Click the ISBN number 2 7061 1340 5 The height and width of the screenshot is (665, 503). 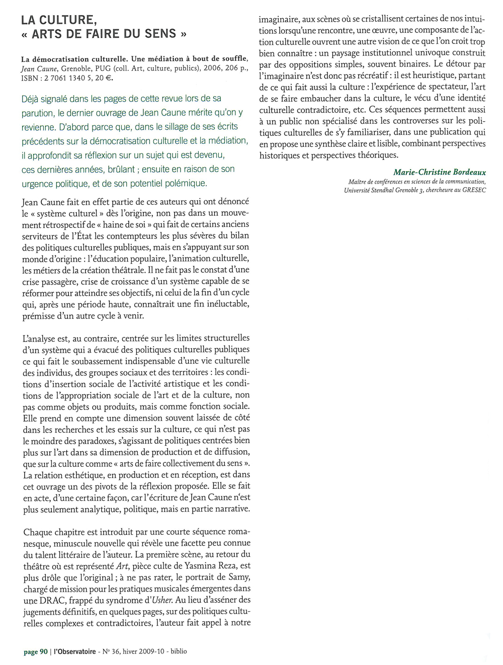point(69,78)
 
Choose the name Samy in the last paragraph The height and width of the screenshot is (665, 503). point(239,577)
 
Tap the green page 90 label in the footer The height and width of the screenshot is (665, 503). point(36,652)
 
